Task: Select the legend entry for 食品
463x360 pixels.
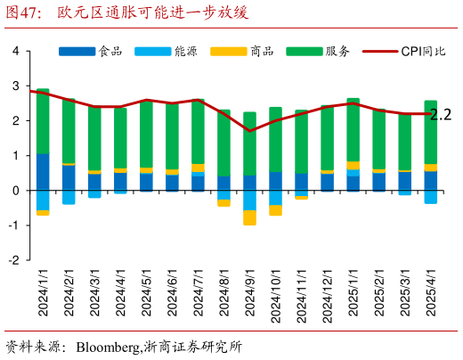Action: point(111,51)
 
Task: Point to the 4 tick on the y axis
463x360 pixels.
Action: point(16,51)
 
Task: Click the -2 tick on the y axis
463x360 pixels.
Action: point(14,260)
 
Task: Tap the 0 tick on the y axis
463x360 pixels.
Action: point(16,191)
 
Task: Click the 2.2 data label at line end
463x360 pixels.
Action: point(441,114)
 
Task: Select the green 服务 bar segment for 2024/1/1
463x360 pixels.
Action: point(43,121)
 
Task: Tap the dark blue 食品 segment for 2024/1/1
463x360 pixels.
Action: point(43,172)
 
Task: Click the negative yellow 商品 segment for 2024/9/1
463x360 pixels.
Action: point(249,217)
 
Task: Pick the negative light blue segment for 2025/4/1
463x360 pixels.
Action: point(430,197)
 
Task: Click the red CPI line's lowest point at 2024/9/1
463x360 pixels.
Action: point(249,131)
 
